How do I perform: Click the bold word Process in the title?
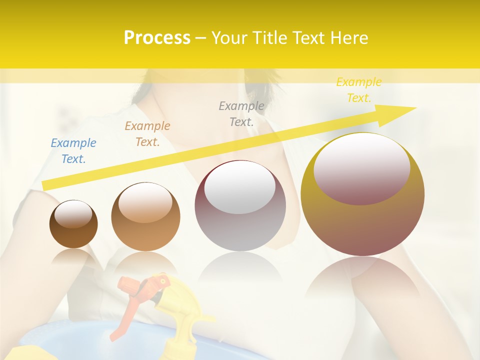(x=157, y=37)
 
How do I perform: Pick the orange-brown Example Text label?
(x=147, y=134)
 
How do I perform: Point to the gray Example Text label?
(x=241, y=113)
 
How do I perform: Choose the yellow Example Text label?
(x=359, y=90)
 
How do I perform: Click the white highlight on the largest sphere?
(x=361, y=167)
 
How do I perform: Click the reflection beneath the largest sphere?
(x=362, y=280)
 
